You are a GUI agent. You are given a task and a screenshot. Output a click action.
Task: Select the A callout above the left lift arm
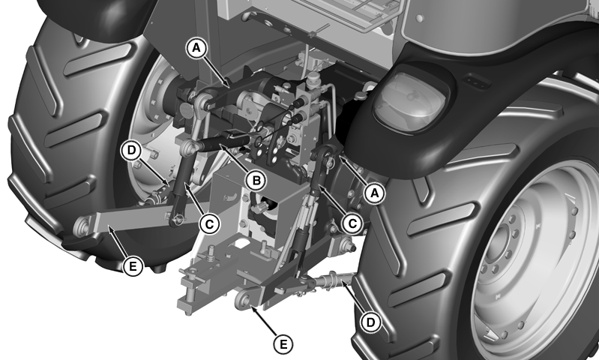point(196,49)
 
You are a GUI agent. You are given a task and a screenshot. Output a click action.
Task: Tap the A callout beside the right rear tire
point(375,193)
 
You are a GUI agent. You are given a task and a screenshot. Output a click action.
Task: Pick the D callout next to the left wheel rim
point(131,151)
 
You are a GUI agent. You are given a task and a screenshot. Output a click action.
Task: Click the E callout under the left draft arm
point(133,266)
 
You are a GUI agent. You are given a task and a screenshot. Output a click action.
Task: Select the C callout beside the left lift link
point(209,224)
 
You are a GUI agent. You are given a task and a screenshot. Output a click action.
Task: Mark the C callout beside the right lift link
point(352,223)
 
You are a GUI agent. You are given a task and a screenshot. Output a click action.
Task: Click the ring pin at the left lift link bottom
point(178,219)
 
